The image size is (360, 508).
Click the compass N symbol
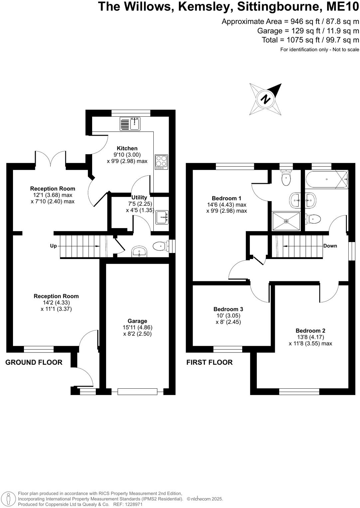pos(266,99)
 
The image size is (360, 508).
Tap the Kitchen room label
pos(127,148)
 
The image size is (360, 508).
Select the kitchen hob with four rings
pos(161,162)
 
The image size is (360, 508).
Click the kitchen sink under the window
pos(130,124)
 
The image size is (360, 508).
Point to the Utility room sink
pos(162,217)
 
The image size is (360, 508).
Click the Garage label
pos(137,321)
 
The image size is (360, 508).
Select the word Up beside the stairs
pos(53,246)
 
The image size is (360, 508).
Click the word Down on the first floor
pos(330,246)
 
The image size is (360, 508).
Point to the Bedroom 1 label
pos(226,198)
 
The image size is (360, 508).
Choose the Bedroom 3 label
pos(228,309)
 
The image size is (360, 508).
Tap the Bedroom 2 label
pos(310,330)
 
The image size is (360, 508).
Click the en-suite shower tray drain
pos(286,221)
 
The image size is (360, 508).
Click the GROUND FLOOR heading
pos(34,362)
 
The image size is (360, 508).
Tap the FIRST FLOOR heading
pos(209,362)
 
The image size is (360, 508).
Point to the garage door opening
pos(137,392)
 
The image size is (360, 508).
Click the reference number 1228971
pos(133,504)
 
